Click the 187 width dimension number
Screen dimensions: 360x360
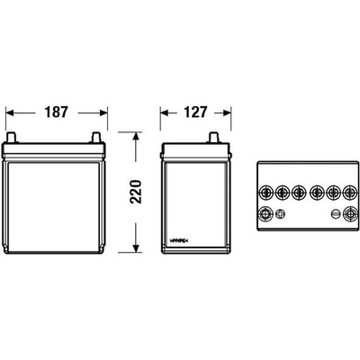pos(57,112)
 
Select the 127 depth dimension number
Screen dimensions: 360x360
pos(195,112)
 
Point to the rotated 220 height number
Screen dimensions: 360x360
pos(135,192)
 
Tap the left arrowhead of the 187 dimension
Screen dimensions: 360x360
pos(10,112)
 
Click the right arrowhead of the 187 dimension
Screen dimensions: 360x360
pos(103,112)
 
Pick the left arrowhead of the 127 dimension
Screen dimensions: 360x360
pos(164,112)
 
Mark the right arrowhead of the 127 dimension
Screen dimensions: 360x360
pos(227,112)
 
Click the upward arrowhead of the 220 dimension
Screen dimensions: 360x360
pos(136,136)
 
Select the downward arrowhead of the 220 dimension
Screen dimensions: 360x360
pos(136,248)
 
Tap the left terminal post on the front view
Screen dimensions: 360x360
pos(11,138)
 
